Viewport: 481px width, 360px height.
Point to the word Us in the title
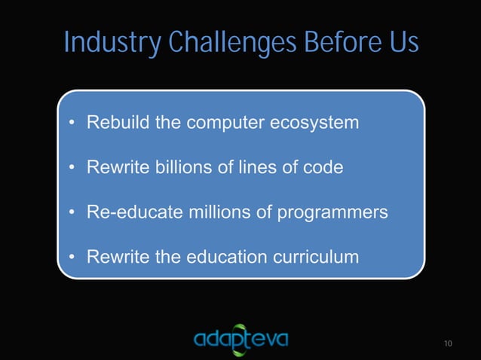coord(400,43)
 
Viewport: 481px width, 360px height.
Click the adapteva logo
coord(240,340)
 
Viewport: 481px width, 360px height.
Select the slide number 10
coord(449,344)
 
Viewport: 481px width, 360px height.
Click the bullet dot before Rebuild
coord(71,123)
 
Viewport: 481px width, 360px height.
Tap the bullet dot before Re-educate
coord(71,213)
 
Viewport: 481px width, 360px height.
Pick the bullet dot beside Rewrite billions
coord(71,168)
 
